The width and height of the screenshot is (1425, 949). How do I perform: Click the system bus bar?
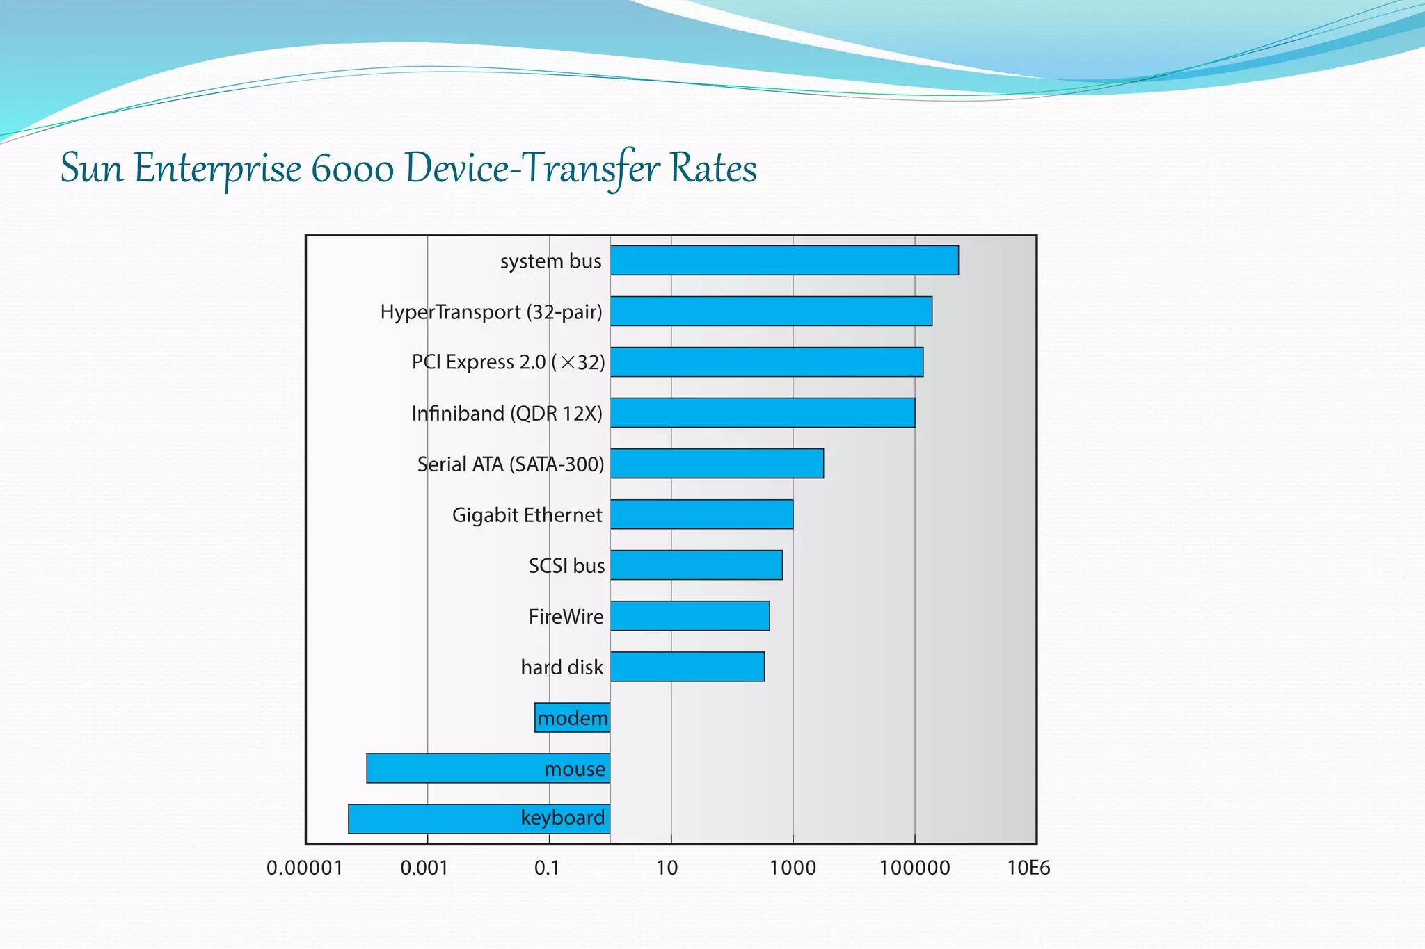[x=784, y=260]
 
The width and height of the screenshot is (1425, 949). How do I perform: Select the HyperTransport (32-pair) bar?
[x=771, y=311]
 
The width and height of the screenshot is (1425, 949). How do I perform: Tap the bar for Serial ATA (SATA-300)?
[x=717, y=464]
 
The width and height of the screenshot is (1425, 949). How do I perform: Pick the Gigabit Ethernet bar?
[x=701, y=514]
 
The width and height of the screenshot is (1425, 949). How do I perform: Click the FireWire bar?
[x=690, y=616]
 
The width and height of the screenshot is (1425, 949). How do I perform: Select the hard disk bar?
[x=687, y=667]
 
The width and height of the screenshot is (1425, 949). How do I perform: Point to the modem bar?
[x=572, y=717]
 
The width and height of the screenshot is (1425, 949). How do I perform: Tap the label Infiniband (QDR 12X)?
[x=507, y=414]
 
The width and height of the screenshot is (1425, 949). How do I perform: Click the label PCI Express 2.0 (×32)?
[x=508, y=362]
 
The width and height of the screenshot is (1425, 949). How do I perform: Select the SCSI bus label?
[x=566, y=566]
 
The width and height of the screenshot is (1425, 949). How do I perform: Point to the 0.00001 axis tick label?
[x=304, y=868]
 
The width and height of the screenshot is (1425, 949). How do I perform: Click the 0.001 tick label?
[x=424, y=868]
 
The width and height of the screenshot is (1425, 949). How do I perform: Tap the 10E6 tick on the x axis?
[x=1028, y=868]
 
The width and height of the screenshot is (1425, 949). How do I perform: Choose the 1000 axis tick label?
[x=793, y=868]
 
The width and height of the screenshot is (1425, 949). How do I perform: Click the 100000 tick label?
[x=914, y=868]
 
